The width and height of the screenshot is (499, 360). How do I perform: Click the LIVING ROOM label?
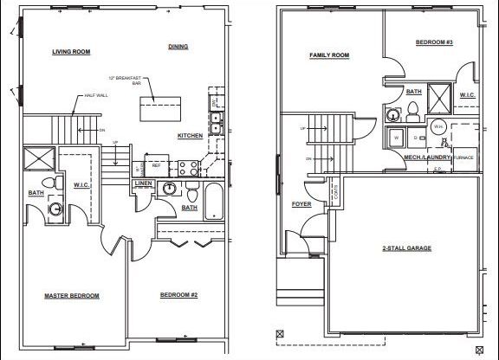click(x=71, y=52)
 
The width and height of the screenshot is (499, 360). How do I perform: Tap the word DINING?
click(x=178, y=47)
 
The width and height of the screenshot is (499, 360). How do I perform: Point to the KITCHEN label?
click(x=190, y=136)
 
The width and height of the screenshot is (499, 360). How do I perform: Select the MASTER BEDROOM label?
click(x=72, y=296)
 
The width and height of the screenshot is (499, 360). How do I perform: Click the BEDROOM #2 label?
click(x=179, y=296)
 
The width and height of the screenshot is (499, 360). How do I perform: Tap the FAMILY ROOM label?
click(x=329, y=55)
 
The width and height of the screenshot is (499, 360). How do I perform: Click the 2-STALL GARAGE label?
click(x=407, y=248)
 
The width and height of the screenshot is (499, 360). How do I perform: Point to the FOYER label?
click(x=301, y=204)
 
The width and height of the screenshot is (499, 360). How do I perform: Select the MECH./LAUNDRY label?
click(x=424, y=157)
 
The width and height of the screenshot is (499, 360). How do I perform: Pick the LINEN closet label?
click(x=144, y=183)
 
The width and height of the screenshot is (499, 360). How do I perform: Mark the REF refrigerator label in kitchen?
click(x=157, y=164)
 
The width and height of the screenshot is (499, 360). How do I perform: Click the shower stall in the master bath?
click(x=40, y=158)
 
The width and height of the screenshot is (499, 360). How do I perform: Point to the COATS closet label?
click(x=334, y=194)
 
